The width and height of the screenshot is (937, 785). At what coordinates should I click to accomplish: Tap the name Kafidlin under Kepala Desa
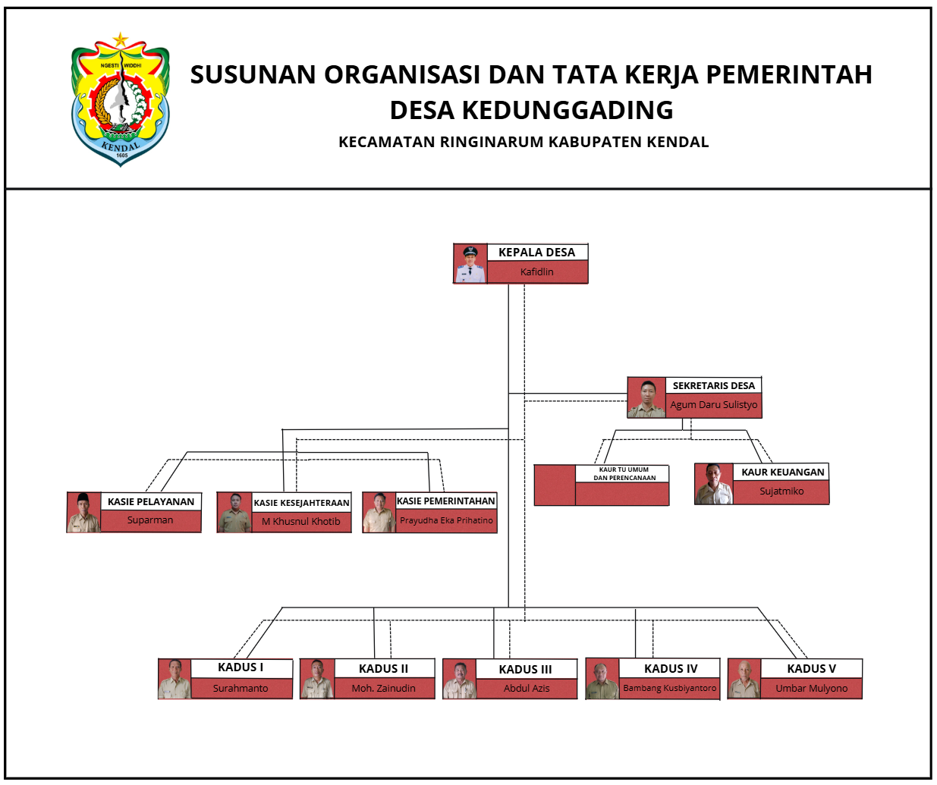point(536,272)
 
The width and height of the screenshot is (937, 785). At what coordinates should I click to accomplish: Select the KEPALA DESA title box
point(536,253)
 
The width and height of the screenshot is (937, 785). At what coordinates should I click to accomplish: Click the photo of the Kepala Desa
point(470,264)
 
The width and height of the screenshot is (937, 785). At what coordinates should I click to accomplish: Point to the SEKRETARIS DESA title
point(713,386)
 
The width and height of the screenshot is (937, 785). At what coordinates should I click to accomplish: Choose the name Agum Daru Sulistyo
point(713,405)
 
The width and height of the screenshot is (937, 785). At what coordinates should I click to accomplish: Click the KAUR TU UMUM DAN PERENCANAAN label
point(624,474)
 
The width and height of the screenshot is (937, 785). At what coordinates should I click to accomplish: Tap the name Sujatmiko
point(781,491)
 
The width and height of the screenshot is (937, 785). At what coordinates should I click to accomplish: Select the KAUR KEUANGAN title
point(782,472)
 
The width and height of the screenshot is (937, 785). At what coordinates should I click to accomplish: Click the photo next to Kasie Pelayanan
point(83,513)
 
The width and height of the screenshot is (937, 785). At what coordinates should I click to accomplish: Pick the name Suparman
point(150,520)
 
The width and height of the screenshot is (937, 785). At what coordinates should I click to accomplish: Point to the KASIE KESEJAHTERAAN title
point(301,503)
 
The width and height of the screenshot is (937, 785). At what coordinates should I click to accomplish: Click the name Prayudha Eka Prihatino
point(446,520)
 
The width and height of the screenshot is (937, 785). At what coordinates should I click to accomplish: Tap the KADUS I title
point(241,667)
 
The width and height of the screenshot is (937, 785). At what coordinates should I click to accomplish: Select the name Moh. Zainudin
point(383,689)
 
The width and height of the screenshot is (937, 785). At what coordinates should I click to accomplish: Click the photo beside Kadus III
point(459,680)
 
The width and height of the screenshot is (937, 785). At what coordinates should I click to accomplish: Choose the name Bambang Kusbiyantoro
point(669,689)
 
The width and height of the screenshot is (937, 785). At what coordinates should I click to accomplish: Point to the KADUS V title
point(811,669)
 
